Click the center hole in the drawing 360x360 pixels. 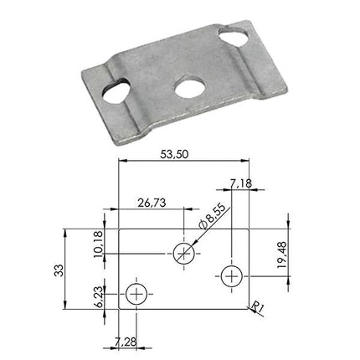[x=182, y=254]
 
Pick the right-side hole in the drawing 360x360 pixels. [x=231, y=273]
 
